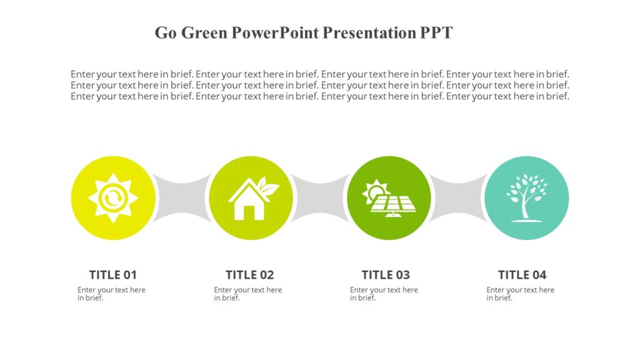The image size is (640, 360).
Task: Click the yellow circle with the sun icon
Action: click(x=113, y=198)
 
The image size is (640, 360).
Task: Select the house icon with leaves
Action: click(x=250, y=199)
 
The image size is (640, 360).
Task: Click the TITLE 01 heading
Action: click(x=112, y=274)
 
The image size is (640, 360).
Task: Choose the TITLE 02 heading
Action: click(x=249, y=274)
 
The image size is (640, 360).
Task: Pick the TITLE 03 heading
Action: click(x=386, y=274)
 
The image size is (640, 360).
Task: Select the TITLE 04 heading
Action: click(x=522, y=274)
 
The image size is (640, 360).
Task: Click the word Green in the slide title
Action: click(x=204, y=33)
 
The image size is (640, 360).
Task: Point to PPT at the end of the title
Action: click(x=436, y=33)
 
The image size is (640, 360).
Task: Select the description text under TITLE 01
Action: click(x=111, y=294)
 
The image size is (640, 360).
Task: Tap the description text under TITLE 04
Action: click(x=520, y=294)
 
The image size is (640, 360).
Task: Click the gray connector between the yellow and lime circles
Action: click(x=182, y=198)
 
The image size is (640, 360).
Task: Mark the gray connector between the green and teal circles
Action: click(x=457, y=198)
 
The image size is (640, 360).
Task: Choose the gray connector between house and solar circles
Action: click(x=319, y=198)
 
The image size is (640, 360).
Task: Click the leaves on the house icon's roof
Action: click(x=268, y=187)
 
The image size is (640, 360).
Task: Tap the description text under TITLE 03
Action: click(x=384, y=294)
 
